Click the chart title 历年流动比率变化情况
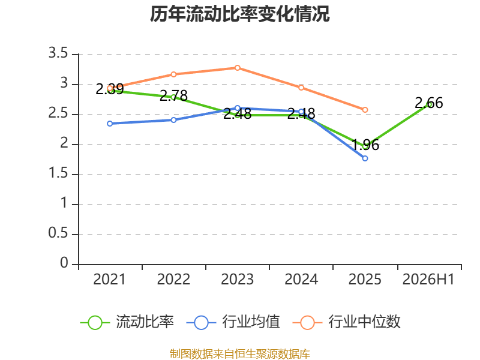239,14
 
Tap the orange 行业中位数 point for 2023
237,68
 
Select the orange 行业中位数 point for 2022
173,74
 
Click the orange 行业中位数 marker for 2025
365,110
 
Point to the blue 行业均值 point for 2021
110,124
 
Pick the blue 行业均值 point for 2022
173,120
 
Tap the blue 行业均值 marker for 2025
365,158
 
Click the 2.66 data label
428,103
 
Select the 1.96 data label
365,145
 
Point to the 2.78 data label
173,96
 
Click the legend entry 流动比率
127,322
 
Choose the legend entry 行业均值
233,322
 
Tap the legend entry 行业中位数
346,322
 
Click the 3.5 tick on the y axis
58,53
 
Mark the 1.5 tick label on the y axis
58,173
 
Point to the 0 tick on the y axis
64,263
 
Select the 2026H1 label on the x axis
428,279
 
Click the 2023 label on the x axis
237,279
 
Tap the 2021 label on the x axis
110,279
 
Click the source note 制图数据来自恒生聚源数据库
239,354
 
